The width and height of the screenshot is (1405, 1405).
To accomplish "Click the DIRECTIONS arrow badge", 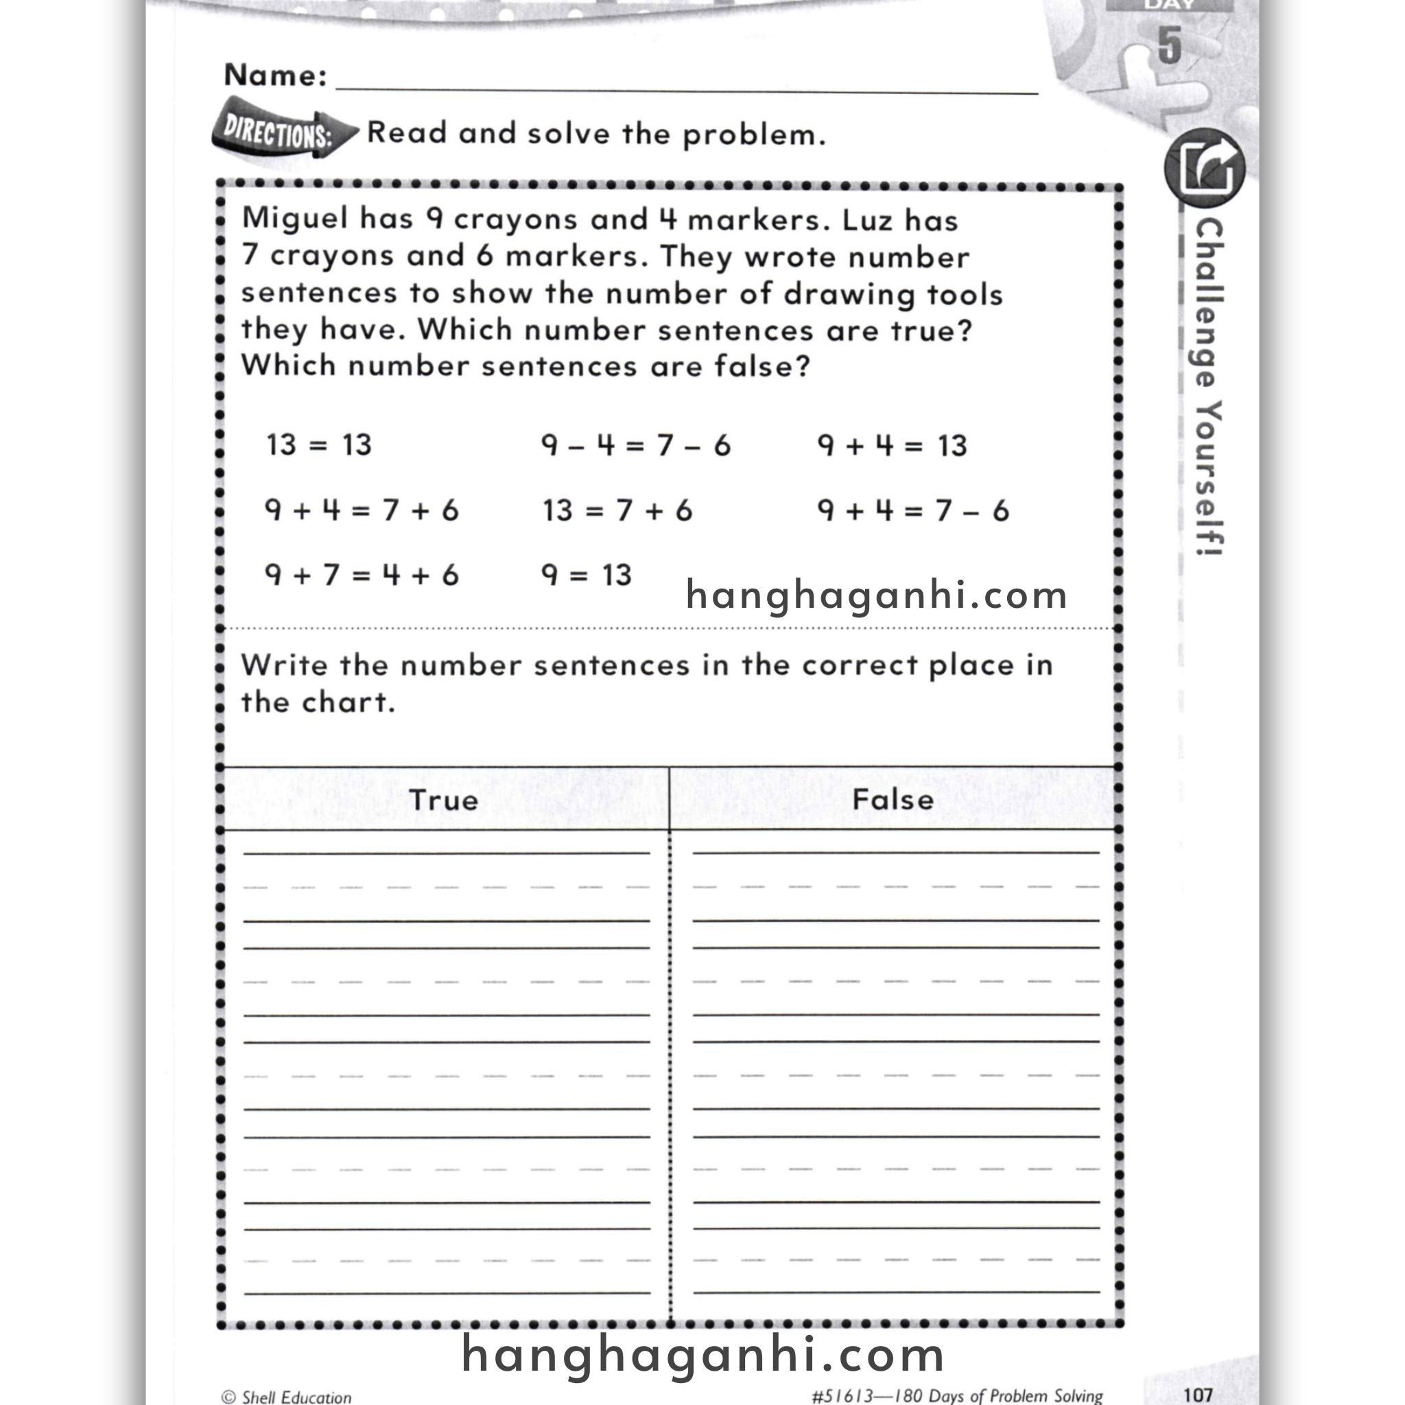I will tap(280, 134).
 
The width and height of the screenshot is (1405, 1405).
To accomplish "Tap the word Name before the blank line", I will tap(275, 75).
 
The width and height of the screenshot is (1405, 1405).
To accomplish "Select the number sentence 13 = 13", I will tap(318, 445).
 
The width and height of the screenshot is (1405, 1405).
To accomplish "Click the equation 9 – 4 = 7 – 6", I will tap(635, 445).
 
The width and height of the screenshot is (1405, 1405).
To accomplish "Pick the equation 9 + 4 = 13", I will tap(892, 445).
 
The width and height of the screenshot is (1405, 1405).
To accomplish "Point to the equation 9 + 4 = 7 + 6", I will tap(362, 510).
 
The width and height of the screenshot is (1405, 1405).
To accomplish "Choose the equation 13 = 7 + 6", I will tap(617, 510).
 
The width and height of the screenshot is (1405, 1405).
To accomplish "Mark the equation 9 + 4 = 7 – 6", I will tap(912, 510).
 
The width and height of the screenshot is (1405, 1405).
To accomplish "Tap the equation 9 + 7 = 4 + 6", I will tap(362, 575).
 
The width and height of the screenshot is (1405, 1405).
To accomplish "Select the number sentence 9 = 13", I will tap(586, 575).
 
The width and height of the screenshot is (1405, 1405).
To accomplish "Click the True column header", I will tap(444, 800).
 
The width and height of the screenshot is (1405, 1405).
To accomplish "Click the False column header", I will tap(893, 800).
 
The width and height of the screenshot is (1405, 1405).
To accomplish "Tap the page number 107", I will tap(1197, 1394).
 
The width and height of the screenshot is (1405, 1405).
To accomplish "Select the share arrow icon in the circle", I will tap(1204, 168).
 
